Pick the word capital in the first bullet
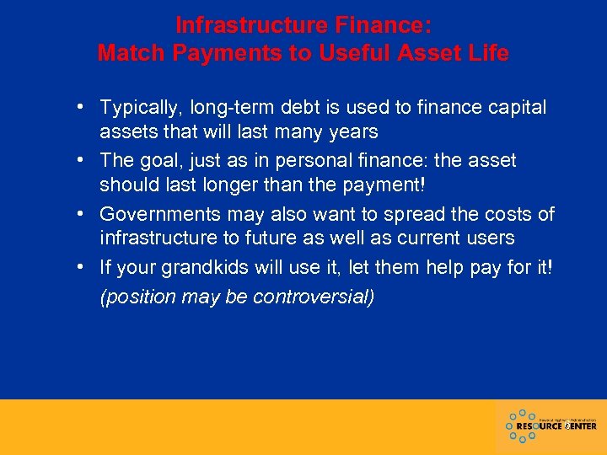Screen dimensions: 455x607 (x=515, y=108)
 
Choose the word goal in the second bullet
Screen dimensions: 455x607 (x=164, y=160)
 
